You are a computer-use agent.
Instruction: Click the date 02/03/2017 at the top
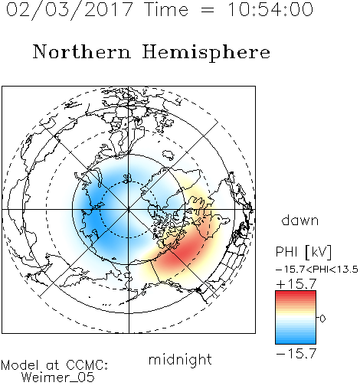pyautogui.click(x=70, y=10)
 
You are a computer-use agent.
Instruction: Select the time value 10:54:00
pyautogui.click(x=270, y=9)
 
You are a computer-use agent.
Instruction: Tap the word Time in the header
pyautogui.click(x=166, y=9)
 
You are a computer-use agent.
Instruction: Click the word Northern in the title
pyautogui.click(x=82, y=51)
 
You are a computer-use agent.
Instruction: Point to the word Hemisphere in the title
pyautogui.click(x=206, y=53)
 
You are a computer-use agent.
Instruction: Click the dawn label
pyautogui.click(x=300, y=220)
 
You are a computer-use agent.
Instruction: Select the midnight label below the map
pyautogui.click(x=180, y=360)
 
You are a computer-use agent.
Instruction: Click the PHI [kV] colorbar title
pyautogui.click(x=303, y=252)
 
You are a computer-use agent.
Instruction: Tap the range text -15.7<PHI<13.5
pyautogui.click(x=317, y=270)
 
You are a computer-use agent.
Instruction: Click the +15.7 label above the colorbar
pyautogui.click(x=296, y=284)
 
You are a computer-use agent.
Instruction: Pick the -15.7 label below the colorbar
pyautogui.click(x=296, y=354)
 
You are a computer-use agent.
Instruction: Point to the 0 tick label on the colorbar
pyautogui.click(x=322, y=319)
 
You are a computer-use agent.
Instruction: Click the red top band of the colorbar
pyautogui.click(x=296, y=294)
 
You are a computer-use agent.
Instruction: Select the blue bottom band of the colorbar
pyautogui.click(x=296, y=341)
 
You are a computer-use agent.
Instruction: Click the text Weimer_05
pyautogui.click(x=58, y=378)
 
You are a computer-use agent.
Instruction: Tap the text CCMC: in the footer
pyautogui.click(x=87, y=365)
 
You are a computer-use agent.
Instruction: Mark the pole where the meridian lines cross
pyautogui.click(x=129, y=210)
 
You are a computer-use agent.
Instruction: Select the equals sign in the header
pyautogui.click(x=208, y=11)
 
